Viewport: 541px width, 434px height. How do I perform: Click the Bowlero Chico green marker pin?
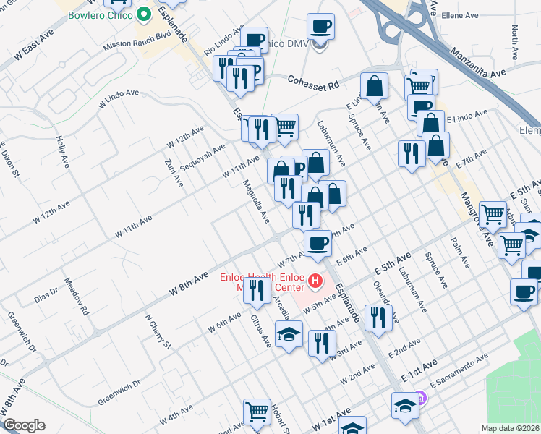coord(144,14)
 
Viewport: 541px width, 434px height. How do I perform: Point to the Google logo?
coord(24,425)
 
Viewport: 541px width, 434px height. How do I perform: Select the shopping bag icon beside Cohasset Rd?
coord(375,86)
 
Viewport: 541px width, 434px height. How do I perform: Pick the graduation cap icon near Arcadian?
coord(289,334)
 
